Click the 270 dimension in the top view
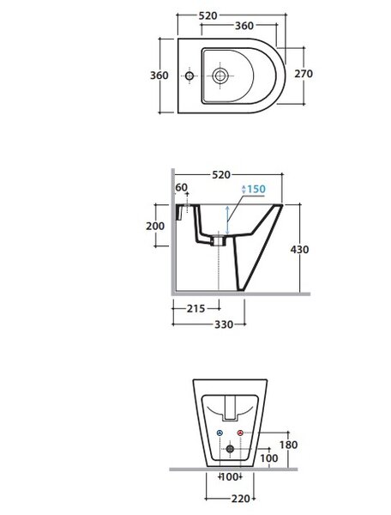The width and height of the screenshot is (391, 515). pyautogui.click(x=304, y=74)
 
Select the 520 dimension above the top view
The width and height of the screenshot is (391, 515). pyautogui.click(x=208, y=15)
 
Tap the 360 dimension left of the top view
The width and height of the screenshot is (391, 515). pyautogui.click(x=159, y=76)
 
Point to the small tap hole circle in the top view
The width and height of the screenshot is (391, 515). pyautogui.click(x=189, y=76)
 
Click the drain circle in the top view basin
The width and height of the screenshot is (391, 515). pyautogui.click(x=220, y=76)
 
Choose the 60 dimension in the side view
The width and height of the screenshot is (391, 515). pyautogui.click(x=182, y=187)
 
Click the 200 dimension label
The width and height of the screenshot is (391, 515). pyautogui.click(x=155, y=226)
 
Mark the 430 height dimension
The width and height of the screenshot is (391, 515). pyautogui.click(x=299, y=250)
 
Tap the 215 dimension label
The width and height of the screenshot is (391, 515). pyautogui.click(x=195, y=309)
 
